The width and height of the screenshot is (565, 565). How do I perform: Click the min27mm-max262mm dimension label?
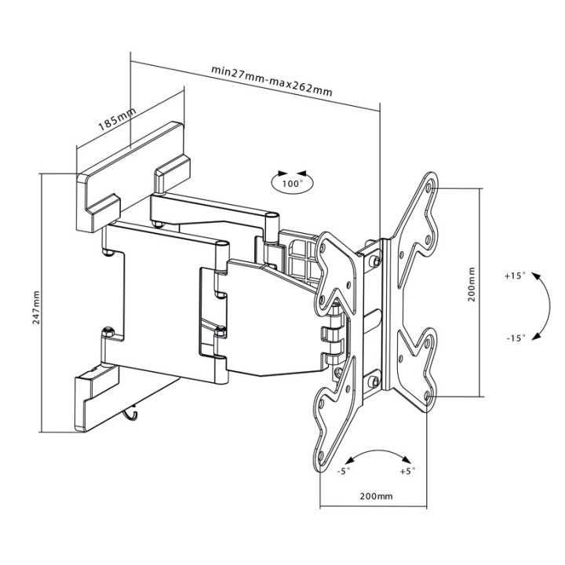272,80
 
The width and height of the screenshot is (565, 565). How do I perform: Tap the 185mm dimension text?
117,119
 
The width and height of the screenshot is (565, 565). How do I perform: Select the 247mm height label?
36,308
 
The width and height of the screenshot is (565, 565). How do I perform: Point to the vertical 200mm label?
472,284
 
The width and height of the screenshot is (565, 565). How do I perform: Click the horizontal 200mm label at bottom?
376,496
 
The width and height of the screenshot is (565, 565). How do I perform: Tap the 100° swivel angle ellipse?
292,183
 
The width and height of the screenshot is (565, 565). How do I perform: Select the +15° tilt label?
516,276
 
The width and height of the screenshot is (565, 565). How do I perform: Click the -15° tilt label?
516,338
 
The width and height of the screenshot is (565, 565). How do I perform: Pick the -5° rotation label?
344,471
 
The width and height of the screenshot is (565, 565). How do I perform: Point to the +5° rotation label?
408,471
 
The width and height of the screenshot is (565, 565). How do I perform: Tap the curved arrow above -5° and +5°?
378,450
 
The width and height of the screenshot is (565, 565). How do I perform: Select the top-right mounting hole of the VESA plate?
428,188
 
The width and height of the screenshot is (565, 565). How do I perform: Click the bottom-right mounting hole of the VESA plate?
427,396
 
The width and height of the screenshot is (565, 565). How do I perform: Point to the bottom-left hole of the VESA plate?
320,455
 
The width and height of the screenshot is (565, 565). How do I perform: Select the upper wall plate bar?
133,177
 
